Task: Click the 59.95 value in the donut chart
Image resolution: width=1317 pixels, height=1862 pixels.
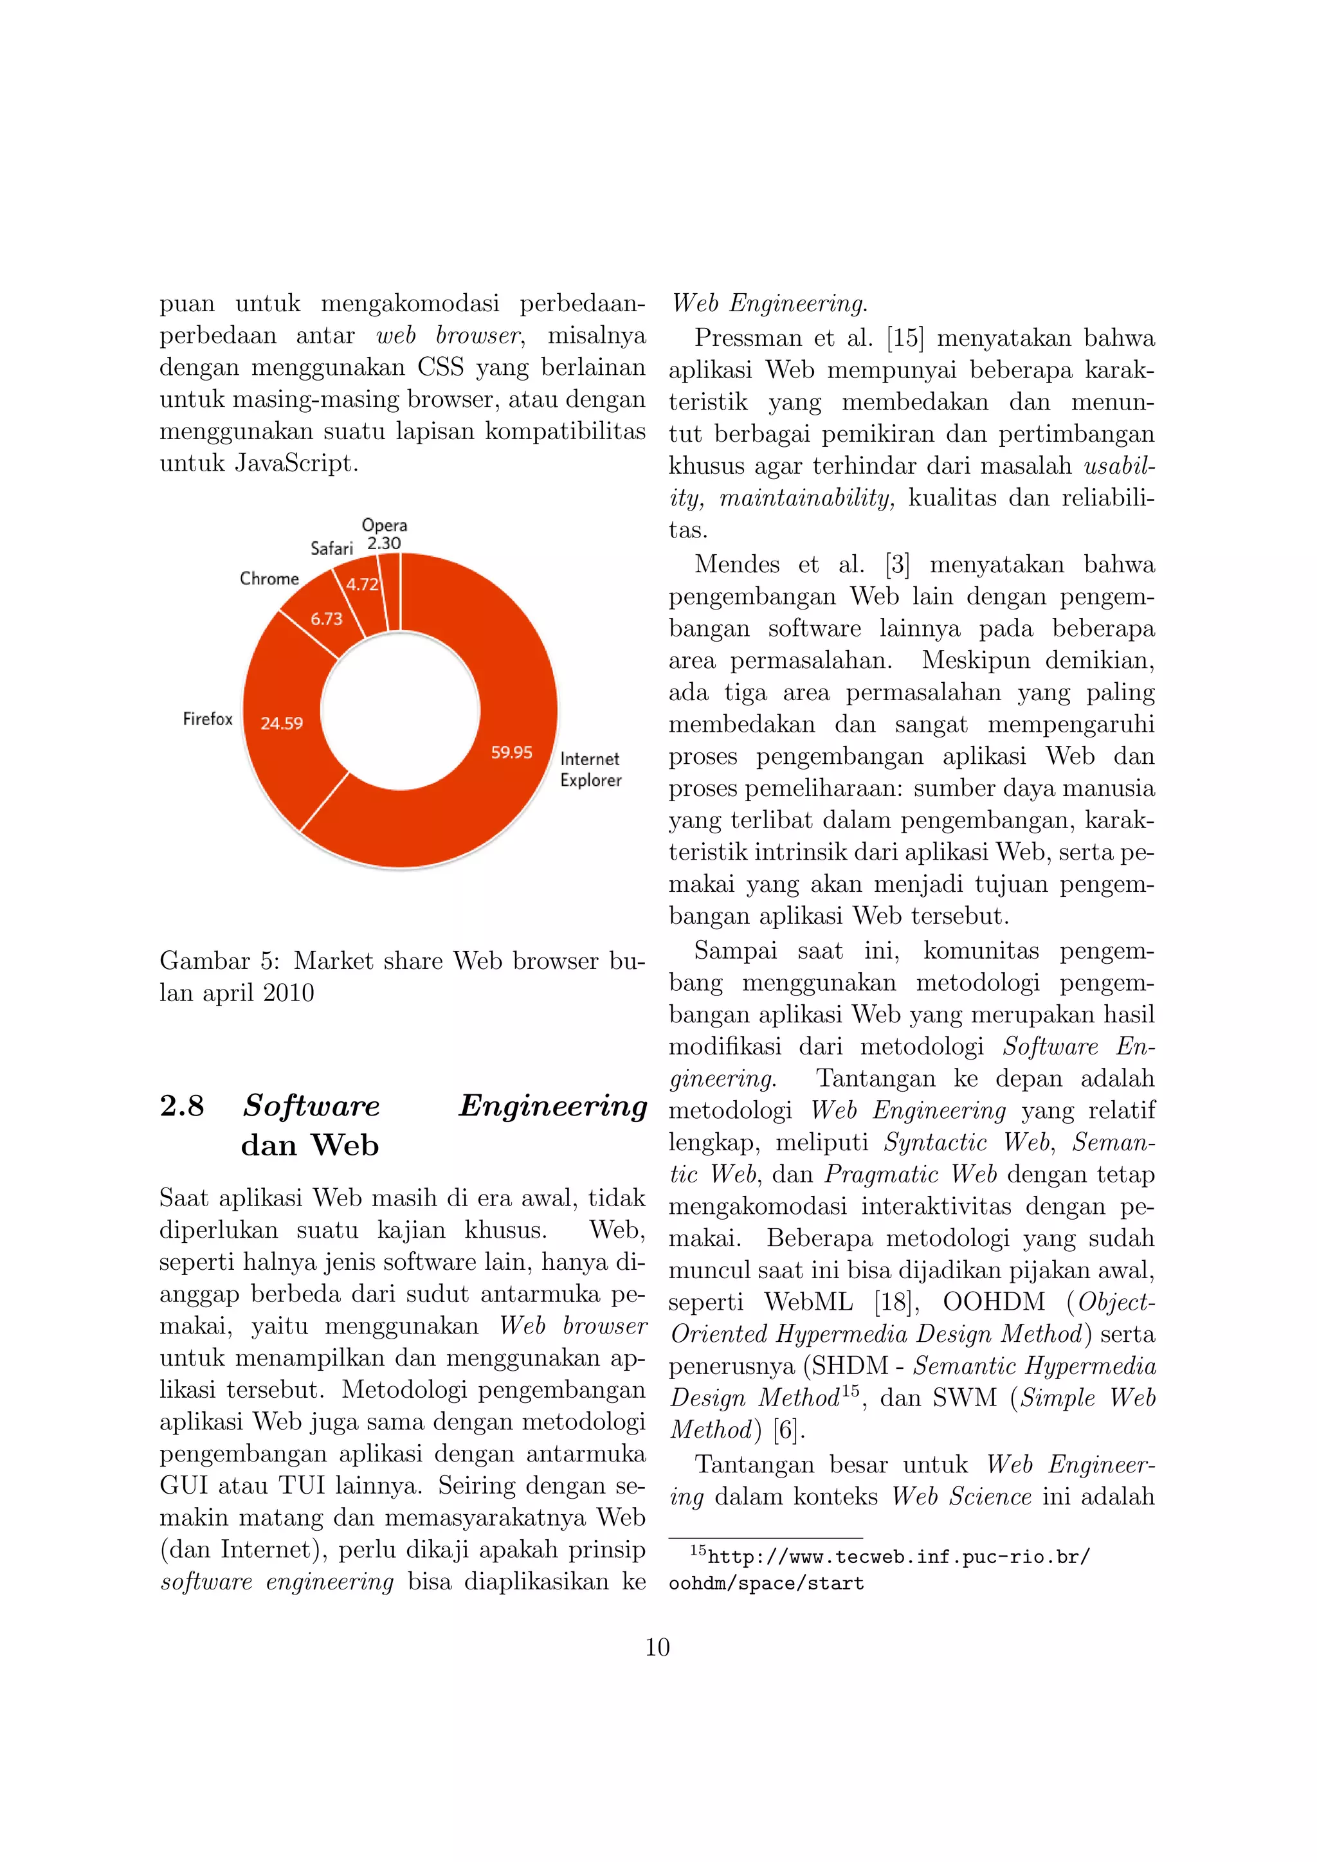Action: [x=512, y=753]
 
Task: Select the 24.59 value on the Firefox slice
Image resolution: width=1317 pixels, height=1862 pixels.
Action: [x=282, y=723]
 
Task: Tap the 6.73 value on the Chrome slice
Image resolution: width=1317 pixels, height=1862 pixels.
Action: [x=327, y=619]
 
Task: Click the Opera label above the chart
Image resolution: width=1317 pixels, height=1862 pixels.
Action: [x=385, y=525]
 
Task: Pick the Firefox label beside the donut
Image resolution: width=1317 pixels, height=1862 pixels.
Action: [x=208, y=719]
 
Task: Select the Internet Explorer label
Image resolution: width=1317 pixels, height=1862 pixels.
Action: [x=590, y=770]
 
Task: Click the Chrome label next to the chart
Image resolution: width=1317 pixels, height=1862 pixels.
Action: [x=269, y=578]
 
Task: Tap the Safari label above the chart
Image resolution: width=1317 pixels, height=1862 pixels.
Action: [x=332, y=548]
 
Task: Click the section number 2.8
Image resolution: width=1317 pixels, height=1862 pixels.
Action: [x=181, y=1105]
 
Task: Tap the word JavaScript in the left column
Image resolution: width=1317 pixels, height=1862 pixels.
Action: [x=296, y=463]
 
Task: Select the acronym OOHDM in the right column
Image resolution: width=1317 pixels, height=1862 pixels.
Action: [x=994, y=1303]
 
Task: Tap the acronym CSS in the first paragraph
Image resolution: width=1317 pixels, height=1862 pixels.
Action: [x=441, y=367]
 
